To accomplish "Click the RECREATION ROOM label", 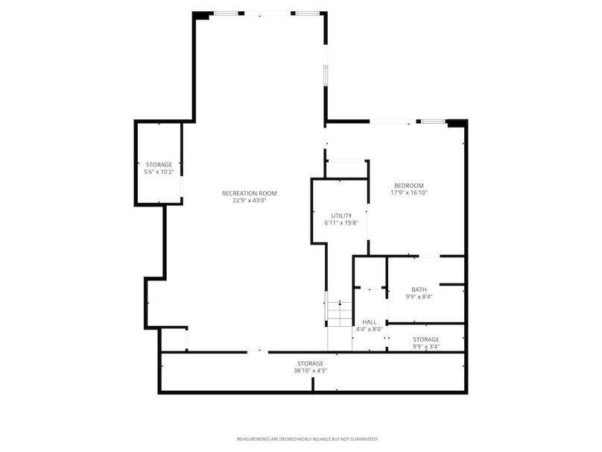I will click(250, 193).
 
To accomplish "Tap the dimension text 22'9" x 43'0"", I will click(250, 200).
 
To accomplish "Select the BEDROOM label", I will click(409, 186).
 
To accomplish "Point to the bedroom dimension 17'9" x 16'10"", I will click(409, 192).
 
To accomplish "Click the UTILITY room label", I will click(341, 216).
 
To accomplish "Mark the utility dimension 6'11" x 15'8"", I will click(341, 222).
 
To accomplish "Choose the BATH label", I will click(419, 289).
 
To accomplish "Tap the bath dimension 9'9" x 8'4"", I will click(419, 296).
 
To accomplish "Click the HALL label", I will click(370, 321).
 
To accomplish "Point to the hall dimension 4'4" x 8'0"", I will click(370, 328).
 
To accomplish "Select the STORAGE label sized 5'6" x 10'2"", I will click(159, 164).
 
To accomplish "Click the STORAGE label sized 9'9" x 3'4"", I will click(426, 339).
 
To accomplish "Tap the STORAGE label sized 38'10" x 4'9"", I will click(311, 363).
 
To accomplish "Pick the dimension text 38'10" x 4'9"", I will click(311, 370).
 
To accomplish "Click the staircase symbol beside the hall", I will click(339, 312).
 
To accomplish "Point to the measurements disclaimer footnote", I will click(307, 439).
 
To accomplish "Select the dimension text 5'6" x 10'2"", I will click(159, 172).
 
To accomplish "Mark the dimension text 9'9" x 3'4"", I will click(426, 346).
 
